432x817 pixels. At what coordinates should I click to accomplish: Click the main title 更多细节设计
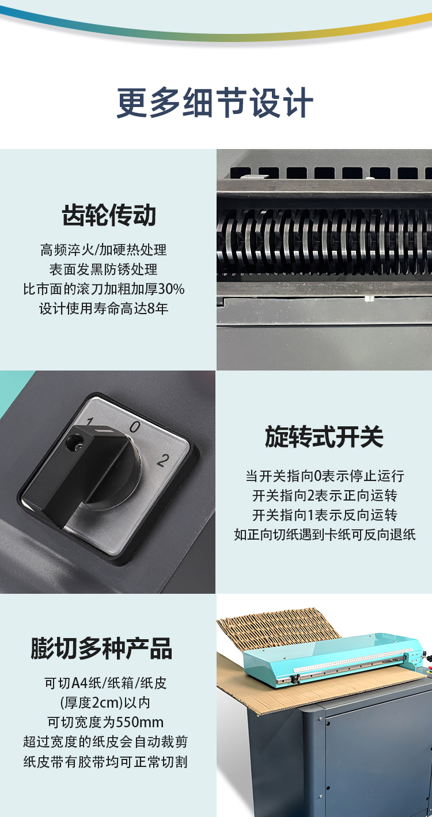[215, 102]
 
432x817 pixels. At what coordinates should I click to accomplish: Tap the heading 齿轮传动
[109, 215]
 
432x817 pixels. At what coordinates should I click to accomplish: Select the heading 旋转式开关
[324, 436]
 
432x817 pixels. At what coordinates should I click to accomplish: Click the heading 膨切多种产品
[101, 648]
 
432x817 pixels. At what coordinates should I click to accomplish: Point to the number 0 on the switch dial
[135, 426]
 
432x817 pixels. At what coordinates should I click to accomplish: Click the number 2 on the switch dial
[163, 460]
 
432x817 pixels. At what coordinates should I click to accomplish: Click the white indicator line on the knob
[105, 432]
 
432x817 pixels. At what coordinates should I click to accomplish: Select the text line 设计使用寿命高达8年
[104, 308]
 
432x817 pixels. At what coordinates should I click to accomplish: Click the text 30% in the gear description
[171, 289]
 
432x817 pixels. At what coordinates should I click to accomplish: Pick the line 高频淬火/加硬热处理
[103, 250]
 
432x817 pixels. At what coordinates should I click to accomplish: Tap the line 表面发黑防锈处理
[103, 269]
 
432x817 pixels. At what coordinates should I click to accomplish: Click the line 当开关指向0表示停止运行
[325, 476]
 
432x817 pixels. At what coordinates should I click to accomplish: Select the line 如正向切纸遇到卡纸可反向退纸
[325, 535]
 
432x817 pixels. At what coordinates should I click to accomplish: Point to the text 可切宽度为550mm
[105, 722]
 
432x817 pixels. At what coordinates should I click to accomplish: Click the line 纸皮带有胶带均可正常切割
[105, 762]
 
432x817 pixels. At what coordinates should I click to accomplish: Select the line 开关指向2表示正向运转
[325, 496]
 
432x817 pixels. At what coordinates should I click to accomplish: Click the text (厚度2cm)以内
[105, 703]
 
